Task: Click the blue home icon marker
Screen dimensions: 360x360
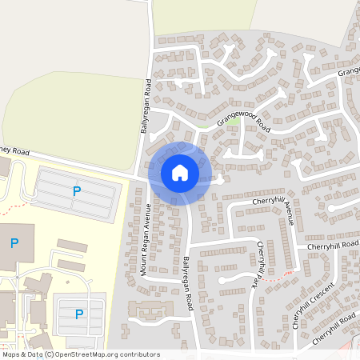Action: click(180, 173)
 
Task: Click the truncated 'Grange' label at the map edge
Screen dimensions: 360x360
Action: click(349, 73)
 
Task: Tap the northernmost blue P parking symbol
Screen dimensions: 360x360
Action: click(77, 191)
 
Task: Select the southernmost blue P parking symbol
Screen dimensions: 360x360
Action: click(78, 314)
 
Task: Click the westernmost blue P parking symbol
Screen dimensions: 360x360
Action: click(14, 242)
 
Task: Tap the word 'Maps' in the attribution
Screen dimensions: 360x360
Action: click(11, 354)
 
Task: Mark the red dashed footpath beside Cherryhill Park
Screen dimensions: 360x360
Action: click(276, 278)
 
